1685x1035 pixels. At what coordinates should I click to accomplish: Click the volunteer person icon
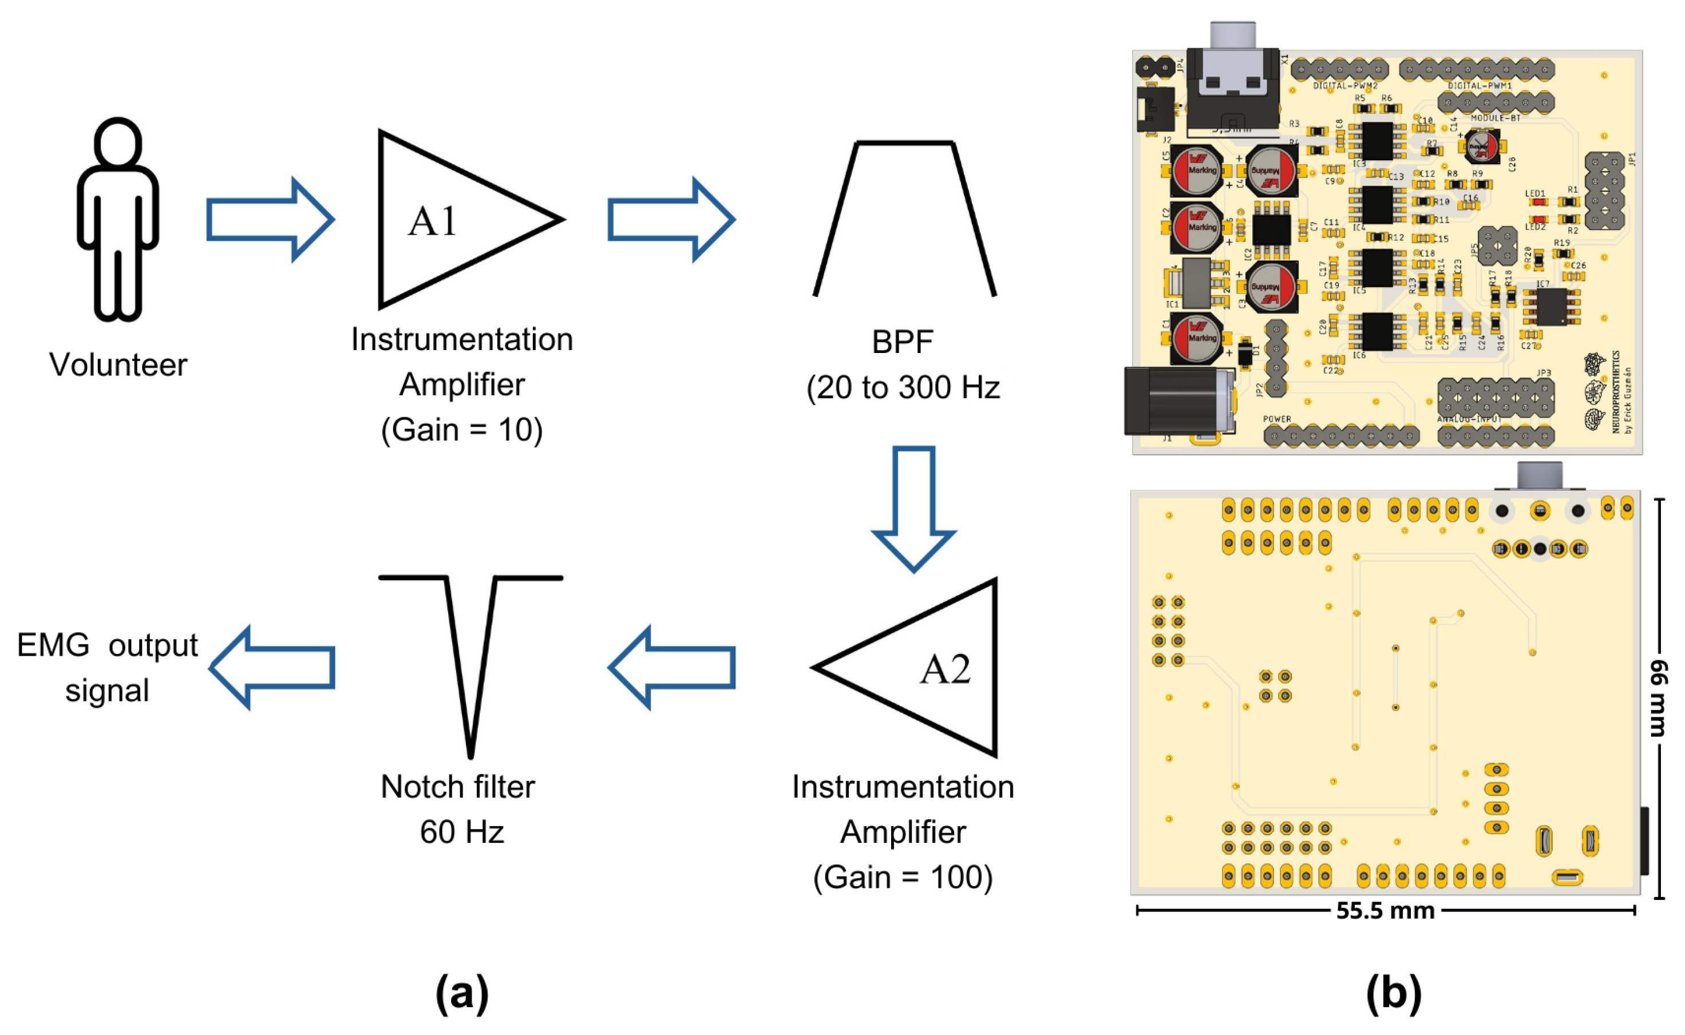118,219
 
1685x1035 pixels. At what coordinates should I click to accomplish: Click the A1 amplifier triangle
452,219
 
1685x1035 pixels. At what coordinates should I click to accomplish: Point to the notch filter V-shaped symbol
470,657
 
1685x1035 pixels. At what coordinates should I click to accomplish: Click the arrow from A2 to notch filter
671,668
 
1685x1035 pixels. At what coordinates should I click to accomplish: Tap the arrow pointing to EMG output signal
272,668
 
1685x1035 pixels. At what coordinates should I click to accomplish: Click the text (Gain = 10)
461,430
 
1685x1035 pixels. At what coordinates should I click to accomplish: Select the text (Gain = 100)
903,877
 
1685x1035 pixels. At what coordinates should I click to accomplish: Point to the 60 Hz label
461,832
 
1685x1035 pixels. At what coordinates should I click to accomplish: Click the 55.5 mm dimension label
1385,910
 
